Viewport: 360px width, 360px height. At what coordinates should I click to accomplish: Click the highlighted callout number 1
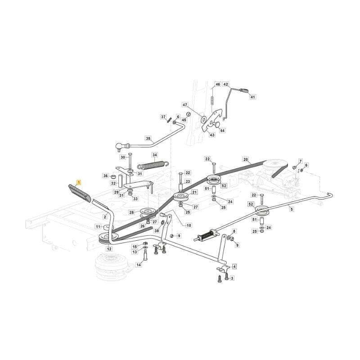click(78, 183)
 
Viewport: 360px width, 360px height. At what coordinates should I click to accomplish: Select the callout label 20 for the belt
click(246, 159)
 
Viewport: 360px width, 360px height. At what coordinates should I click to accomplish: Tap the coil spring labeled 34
click(153, 164)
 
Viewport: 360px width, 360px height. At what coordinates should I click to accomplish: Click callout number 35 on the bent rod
click(148, 139)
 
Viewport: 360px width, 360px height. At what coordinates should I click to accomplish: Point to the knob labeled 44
click(216, 124)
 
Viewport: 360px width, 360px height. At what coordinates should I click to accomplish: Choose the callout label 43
click(212, 135)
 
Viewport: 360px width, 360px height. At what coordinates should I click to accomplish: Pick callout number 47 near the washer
click(185, 105)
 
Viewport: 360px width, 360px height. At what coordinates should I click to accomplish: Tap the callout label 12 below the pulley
click(109, 249)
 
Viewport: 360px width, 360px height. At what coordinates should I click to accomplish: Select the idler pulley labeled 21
click(181, 197)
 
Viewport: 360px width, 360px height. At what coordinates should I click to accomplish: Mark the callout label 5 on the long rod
click(292, 209)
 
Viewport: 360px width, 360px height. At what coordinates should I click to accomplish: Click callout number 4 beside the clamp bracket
click(234, 266)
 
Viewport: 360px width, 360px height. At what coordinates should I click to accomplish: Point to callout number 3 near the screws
click(232, 278)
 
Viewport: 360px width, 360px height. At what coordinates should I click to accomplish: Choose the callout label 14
click(139, 265)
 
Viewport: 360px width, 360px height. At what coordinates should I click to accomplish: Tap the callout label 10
click(189, 225)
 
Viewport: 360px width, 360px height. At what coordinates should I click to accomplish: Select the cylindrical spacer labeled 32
click(120, 181)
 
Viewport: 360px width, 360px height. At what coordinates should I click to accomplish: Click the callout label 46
click(218, 84)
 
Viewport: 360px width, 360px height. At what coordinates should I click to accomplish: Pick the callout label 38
click(157, 231)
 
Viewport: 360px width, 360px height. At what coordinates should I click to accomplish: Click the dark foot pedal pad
click(80, 193)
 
